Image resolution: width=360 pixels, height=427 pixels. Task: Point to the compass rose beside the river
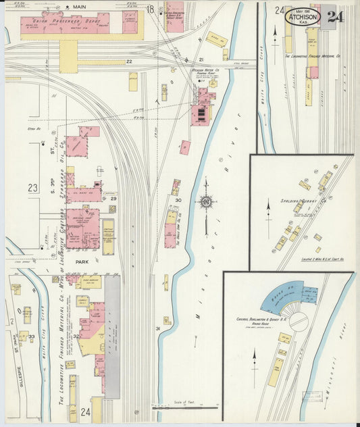[x=207, y=201]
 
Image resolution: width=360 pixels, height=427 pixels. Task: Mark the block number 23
[x=33, y=189]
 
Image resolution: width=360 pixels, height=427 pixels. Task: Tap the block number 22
[x=128, y=61]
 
